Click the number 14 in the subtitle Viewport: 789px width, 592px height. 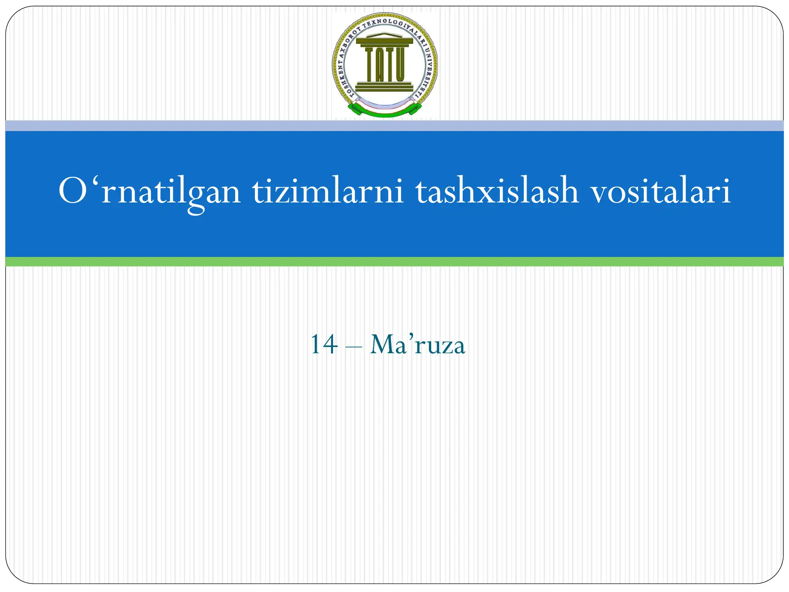[x=324, y=345]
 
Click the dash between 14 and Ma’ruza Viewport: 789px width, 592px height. [x=353, y=347]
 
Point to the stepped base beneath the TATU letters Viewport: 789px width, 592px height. [x=384, y=87]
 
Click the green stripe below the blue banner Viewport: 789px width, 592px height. [x=394, y=262]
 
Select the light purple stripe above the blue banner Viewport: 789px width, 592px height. [x=394, y=126]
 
